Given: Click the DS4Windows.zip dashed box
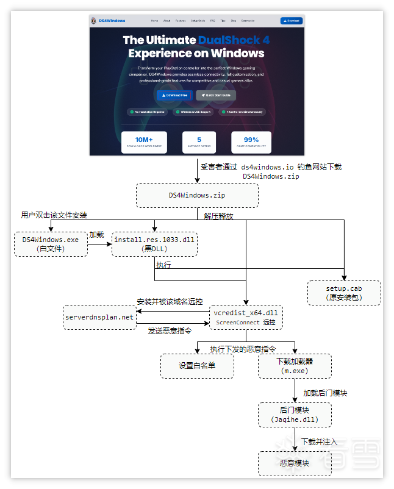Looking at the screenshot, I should click(x=196, y=195).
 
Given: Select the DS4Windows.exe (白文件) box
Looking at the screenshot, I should click(x=51, y=244).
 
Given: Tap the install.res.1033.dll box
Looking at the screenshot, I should click(x=154, y=244).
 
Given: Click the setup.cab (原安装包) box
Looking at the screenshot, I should click(x=344, y=293).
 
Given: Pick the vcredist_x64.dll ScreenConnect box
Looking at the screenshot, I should click(x=246, y=317).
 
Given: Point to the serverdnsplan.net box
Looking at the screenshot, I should click(x=99, y=317).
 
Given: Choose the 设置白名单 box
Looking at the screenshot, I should click(x=197, y=366).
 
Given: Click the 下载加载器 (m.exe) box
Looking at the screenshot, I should click(x=295, y=366).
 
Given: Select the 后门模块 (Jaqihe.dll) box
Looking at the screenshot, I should click(x=295, y=415).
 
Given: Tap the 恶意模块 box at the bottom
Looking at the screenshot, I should click(x=295, y=463).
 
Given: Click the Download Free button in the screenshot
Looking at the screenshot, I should click(x=174, y=95).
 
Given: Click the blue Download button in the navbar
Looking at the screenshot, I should click(x=292, y=21).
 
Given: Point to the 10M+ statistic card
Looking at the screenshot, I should click(x=144, y=142).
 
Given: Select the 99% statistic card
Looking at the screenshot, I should click(x=251, y=142).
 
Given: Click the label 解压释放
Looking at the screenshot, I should click(x=218, y=215).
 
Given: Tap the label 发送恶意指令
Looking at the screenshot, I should click(x=170, y=331).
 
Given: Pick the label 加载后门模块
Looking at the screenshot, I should click(x=325, y=393).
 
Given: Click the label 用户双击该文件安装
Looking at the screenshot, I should click(x=54, y=215).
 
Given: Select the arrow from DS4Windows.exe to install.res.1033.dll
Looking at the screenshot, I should click(x=99, y=245).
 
